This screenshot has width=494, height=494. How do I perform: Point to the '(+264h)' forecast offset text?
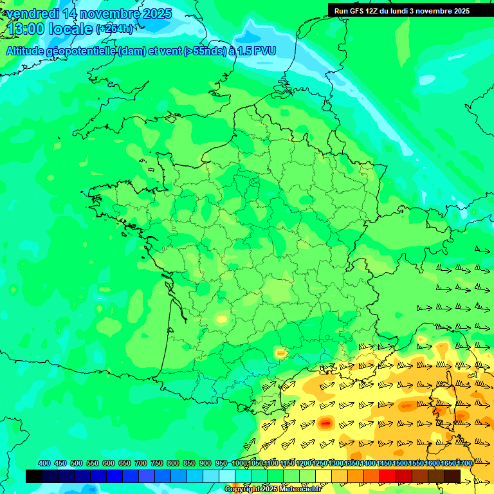[x=114, y=29]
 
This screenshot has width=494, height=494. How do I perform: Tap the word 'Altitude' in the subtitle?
[x=28, y=51]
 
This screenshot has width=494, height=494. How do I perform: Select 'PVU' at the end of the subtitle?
[x=264, y=51]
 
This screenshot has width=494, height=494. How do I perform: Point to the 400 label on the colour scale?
[x=44, y=463]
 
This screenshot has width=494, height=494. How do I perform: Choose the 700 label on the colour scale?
[x=141, y=463]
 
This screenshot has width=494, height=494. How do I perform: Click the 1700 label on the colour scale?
[x=464, y=463]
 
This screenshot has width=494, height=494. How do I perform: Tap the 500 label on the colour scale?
[x=77, y=463]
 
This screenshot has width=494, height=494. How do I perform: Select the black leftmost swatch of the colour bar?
[x=34, y=476]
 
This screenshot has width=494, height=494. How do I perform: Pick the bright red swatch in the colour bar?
[x=388, y=476]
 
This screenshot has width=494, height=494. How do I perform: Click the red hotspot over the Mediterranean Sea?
[x=325, y=423]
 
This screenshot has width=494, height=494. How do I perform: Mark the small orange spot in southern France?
[x=280, y=352]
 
